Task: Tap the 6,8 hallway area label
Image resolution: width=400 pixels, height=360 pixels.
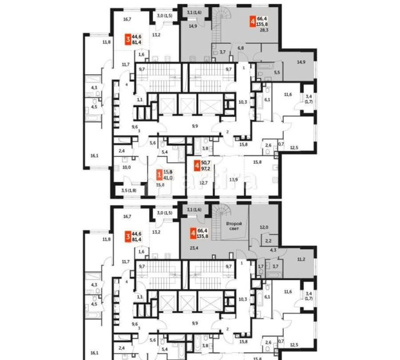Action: [240, 48]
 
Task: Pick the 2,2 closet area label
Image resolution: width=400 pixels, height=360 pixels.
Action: [268, 241]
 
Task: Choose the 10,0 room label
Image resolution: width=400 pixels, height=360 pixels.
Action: [126, 168]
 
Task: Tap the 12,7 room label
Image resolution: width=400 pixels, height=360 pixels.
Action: [204, 182]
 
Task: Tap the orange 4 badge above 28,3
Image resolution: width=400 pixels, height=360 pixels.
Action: [252, 21]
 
